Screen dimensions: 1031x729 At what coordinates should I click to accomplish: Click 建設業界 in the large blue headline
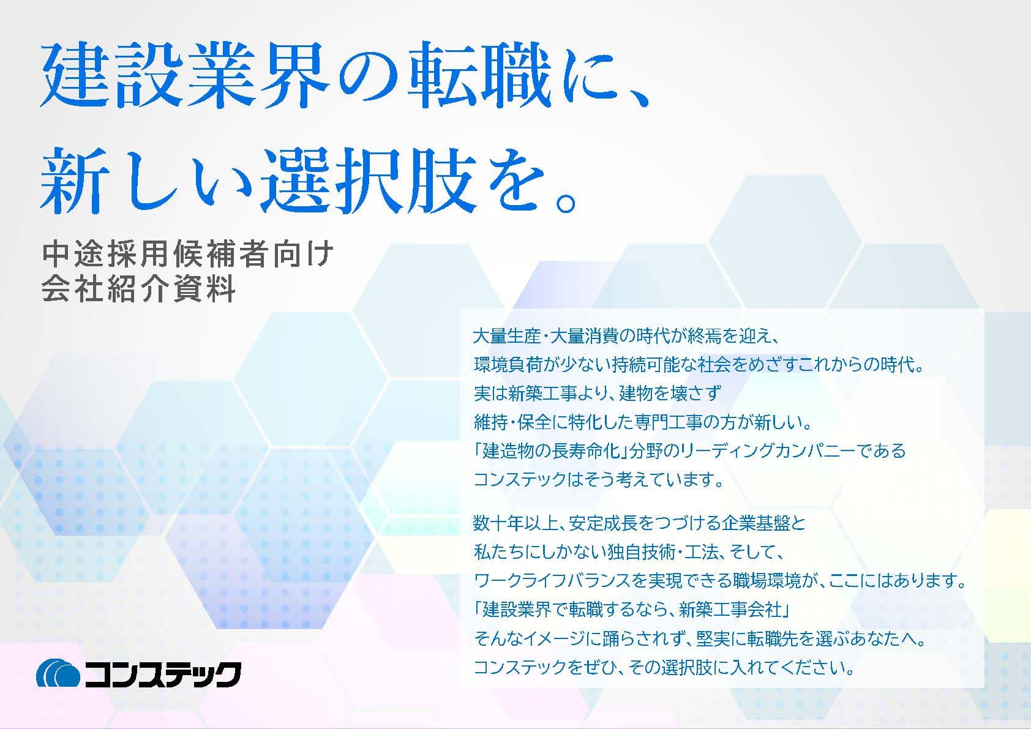184,75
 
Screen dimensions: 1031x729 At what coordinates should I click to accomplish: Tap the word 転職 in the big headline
479,75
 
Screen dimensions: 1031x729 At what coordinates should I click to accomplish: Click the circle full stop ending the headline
565,202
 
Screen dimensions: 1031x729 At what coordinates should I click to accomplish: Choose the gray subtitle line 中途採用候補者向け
188,254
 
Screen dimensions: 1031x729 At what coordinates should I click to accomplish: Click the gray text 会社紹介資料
138,289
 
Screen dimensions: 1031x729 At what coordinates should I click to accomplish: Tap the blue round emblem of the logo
58,674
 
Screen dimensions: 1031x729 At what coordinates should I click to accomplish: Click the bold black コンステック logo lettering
163,675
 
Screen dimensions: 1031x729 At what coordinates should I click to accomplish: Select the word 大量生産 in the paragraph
507,337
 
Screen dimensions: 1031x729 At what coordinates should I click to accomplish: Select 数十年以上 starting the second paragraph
516,523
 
